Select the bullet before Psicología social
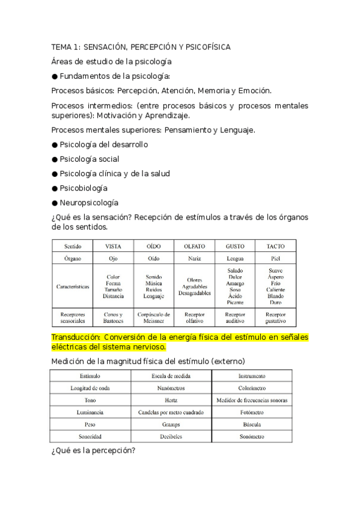click(55, 159)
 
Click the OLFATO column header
click(194, 246)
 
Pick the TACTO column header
click(275, 246)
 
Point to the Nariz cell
click(194, 259)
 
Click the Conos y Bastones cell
click(113, 318)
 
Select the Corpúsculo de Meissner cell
click(153, 318)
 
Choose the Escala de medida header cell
click(171, 375)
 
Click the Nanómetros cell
click(171, 388)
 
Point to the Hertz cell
click(171, 400)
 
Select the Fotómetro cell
click(251, 412)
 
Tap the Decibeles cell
click(171, 436)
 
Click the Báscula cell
click(251, 424)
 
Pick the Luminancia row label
click(90, 412)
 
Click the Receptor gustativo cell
click(275, 318)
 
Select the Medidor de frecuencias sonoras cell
click(251, 400)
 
